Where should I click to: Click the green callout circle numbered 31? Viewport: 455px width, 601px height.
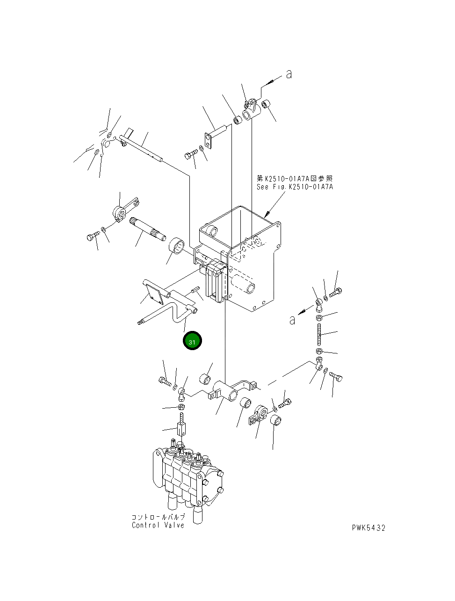(192, 341)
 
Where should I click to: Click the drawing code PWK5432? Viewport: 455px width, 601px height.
(369, 528)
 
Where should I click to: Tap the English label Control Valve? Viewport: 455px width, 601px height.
(158, 525)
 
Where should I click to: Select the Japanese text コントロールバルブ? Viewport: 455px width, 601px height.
(158, 517)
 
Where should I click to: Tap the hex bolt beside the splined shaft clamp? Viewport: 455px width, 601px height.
(92, 237)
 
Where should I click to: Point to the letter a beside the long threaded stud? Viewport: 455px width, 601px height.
(292, 320)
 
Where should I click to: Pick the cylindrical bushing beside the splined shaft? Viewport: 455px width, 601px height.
(177, 245)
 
